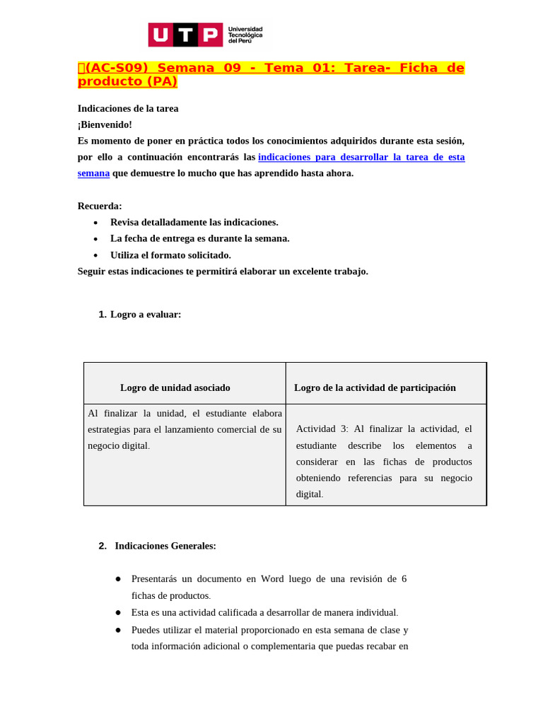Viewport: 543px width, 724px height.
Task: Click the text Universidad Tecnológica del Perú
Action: pos(245,35)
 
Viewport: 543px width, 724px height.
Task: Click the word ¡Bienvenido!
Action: pos(105,124)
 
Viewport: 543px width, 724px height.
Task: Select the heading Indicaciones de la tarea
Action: pos(128,108)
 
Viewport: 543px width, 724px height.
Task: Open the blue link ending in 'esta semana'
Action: pos(361,157)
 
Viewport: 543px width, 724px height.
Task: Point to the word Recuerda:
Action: pos(100,206)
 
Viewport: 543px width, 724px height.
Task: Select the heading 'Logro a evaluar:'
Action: pos(146,315)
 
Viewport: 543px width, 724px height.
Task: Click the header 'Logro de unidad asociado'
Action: pos(175,387)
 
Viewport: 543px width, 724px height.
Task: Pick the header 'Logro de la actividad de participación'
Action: pos(375,387)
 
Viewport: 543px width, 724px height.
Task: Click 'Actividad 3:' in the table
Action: pos(322,428)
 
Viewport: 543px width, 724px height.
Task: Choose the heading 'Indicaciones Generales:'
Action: pos(165,546)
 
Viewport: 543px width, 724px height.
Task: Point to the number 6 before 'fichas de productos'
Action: pos(404,578)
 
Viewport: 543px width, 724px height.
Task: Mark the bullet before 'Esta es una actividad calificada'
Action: pos(118,612)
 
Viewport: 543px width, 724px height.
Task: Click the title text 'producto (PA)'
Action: pos(127,81)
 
